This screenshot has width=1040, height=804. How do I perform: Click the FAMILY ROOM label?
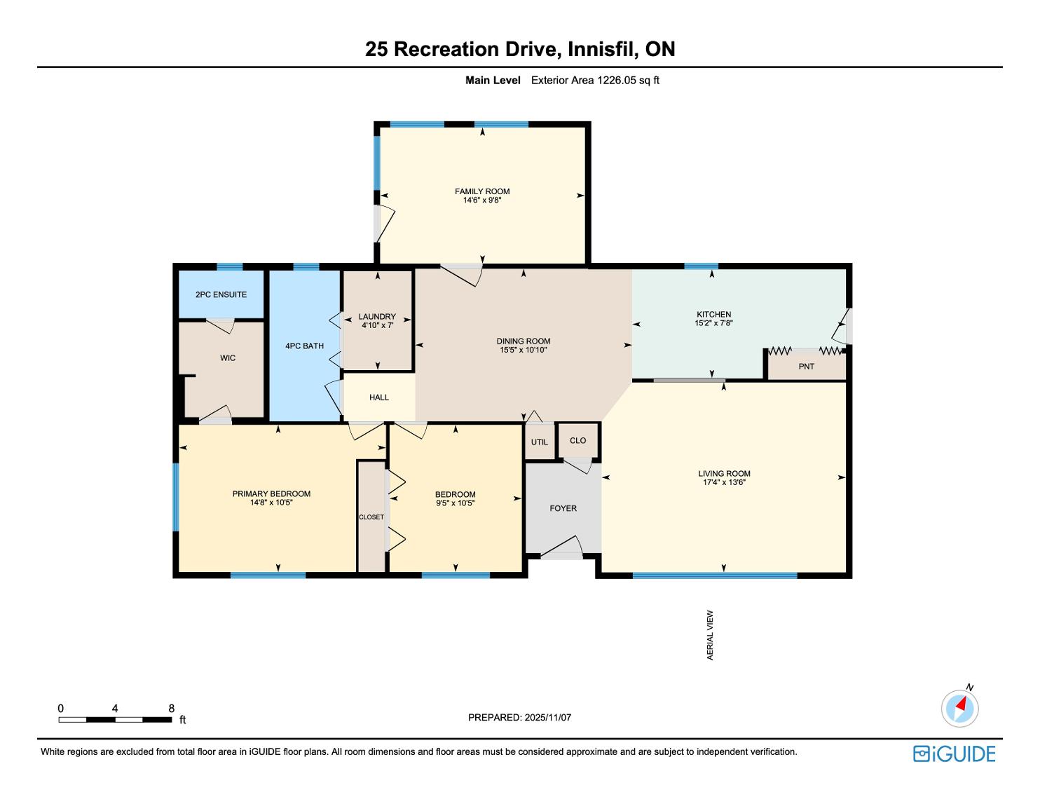pos(482,191)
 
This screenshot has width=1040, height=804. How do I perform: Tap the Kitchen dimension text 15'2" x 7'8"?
pos(713,323)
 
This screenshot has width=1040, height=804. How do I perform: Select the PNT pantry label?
pos(807,367)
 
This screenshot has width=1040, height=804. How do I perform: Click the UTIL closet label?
pos(540,442)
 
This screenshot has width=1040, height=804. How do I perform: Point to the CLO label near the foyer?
pos(577,440)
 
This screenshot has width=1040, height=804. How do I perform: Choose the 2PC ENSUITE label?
pos(221,295)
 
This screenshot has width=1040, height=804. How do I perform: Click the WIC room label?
pos(228,358)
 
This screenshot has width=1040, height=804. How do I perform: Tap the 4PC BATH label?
pos(304,346)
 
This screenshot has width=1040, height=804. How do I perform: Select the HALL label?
pos(379,397)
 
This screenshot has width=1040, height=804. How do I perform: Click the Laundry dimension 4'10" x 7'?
pos(377,325)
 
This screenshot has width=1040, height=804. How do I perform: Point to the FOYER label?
pos(563,508)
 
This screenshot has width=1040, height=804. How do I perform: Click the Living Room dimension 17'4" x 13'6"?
pos(724,482)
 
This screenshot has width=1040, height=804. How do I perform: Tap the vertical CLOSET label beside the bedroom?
pos(371,517)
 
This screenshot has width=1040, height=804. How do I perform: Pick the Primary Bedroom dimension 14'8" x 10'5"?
pos(271,503)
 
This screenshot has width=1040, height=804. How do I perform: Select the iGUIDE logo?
pos(955,754)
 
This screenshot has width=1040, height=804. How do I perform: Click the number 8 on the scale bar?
pos(171,708)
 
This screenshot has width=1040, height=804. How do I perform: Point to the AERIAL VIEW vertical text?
pos(710,635)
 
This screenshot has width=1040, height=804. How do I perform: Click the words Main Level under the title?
pos(493,81)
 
